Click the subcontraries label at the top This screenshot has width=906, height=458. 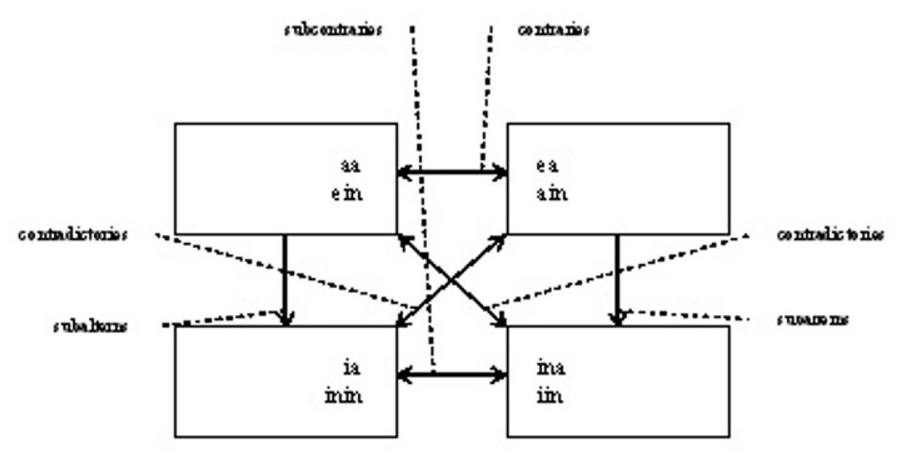tap(332, 29)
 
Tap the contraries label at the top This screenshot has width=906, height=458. tap(553, 29)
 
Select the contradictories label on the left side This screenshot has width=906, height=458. tap(71, 234)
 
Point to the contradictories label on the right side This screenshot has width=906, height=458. tap(829, 234)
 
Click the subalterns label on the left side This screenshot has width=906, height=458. tap(91, 327)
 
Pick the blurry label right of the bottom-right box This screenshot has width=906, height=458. tap(812, 320)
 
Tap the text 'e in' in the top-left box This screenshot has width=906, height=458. tap(347, 194)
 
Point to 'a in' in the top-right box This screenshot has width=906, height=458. tap(552, 194)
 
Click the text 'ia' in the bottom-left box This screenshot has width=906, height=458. tap(351, 369)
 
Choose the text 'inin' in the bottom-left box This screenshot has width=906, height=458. tap(344, 396)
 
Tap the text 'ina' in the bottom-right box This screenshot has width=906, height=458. tap(550, 369)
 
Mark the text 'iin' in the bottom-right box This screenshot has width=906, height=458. tap(549, 396)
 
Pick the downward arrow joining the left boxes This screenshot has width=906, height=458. tap(285, 277)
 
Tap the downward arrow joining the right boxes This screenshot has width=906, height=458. tap(617, 277)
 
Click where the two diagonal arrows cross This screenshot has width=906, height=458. tap(452, 280)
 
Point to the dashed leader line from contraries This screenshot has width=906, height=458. tap(486, 96)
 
